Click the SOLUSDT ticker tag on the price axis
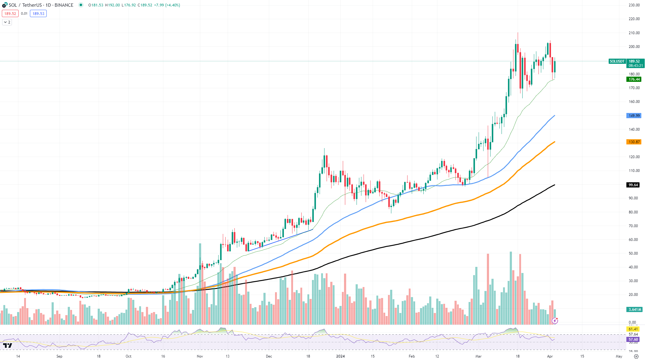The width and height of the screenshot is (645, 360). point(617,61)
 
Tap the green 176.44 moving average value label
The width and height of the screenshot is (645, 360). point(634,79)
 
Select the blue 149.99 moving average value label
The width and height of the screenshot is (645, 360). point(634,116)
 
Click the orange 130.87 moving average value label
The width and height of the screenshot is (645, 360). point(634,142)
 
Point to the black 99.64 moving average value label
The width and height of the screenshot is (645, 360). point(633,185)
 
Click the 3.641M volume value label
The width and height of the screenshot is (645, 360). point(634,310)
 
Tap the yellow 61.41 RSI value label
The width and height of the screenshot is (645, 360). point(633,329)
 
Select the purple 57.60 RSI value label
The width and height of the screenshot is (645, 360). point(633,340)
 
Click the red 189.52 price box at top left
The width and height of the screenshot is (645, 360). point(10,14)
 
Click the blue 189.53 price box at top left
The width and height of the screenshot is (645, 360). point(38,14)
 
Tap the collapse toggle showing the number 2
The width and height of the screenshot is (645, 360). point(7,22)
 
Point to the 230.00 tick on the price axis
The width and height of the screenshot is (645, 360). point(634,5)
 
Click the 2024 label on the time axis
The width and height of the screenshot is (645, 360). point(340,356)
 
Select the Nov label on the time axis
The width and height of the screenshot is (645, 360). point(200,356)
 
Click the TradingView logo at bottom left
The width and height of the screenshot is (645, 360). point(8,345)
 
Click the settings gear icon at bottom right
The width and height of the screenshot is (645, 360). point(636,356)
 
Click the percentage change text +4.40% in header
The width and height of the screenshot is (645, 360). point(172,5)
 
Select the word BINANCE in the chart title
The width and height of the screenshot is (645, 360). point(64,5)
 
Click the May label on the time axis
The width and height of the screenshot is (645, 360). point(619,356)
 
